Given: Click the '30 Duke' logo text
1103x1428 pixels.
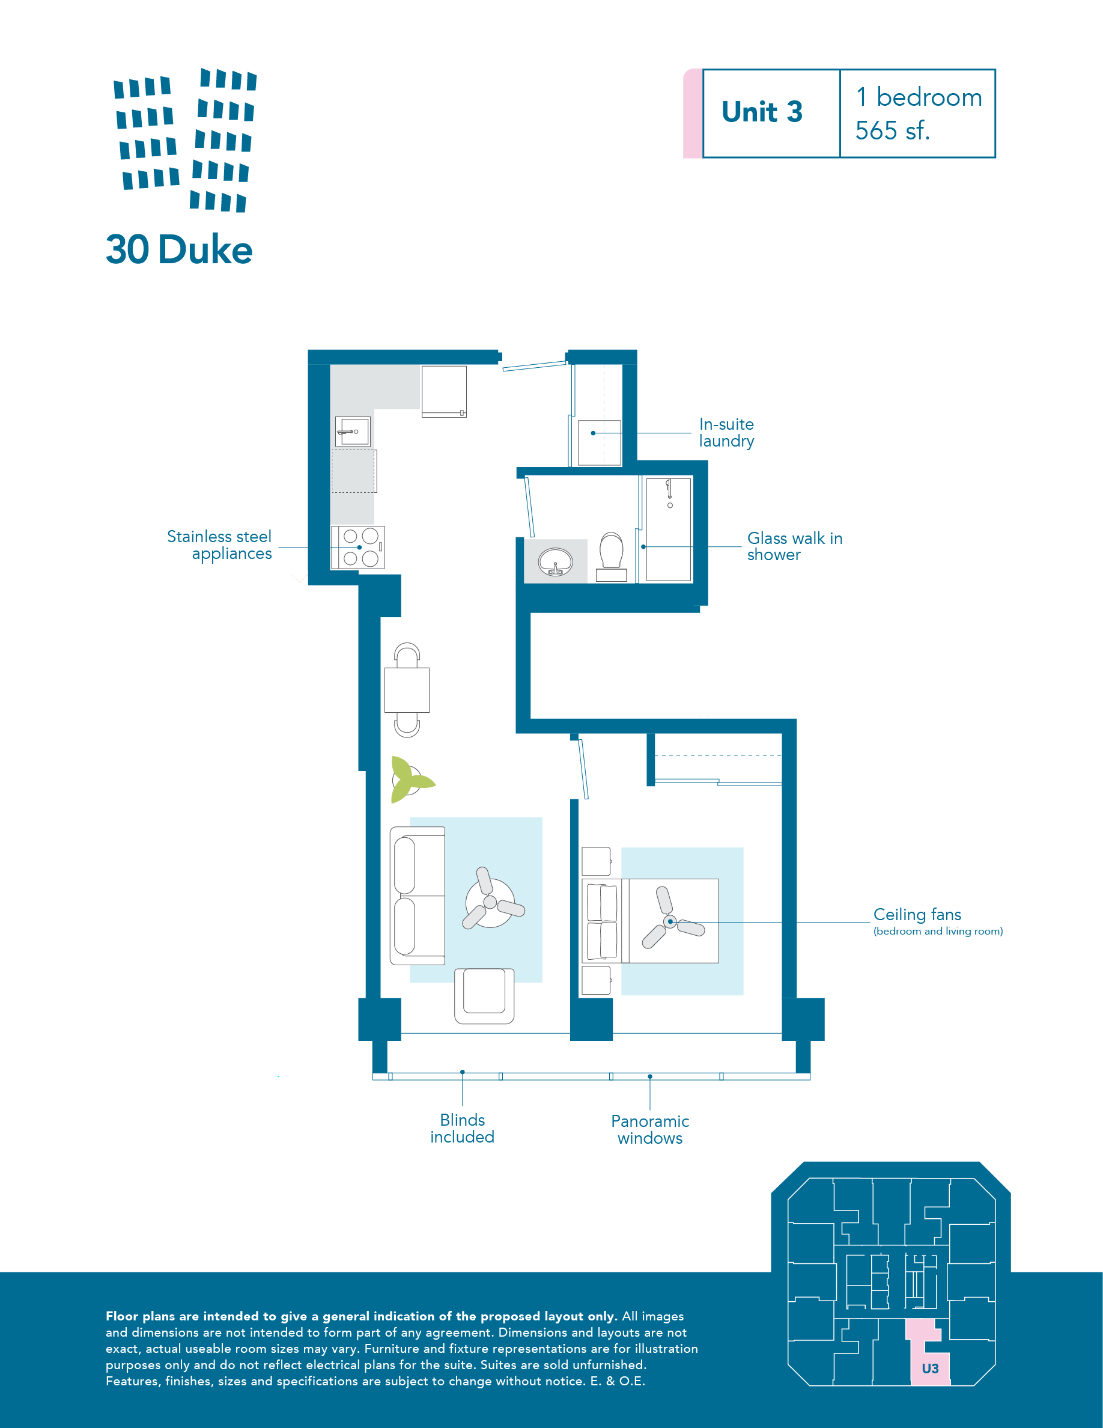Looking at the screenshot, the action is (x=179, y=250).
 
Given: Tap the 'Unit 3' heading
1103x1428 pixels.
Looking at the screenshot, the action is (x=762, y=112).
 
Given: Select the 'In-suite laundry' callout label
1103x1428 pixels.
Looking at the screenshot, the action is (x=726, y=432).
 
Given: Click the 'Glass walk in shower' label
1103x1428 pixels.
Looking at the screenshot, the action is (x=795, y=546).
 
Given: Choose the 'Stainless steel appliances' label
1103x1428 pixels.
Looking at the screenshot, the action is (x=219, y=545).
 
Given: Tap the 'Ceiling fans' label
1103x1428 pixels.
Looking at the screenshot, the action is (x=917, y=914).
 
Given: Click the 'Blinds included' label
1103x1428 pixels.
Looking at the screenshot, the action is (x=463, y=1128).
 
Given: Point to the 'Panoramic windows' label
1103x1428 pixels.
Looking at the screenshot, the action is (x=650, y=1129).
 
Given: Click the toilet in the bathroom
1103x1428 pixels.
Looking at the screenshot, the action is (x=612, y=556).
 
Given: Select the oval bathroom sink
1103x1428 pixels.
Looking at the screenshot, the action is (x=556, y=561).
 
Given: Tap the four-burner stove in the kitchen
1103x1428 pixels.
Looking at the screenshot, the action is (x=357, y=548).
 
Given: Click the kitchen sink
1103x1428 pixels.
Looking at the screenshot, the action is (x=353, y=432).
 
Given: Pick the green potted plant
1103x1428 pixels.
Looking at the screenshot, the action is (x=410, y=780).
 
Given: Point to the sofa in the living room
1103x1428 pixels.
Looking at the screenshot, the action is (x=418, y=895).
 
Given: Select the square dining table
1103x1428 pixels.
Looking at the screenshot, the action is (x=407, y=690).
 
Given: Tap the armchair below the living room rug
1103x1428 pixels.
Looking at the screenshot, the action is (x=484, y=996).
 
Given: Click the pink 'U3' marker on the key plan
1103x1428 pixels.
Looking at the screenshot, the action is (x=930, y=1368).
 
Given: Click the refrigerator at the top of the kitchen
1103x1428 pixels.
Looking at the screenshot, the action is (x=445, y=391).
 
